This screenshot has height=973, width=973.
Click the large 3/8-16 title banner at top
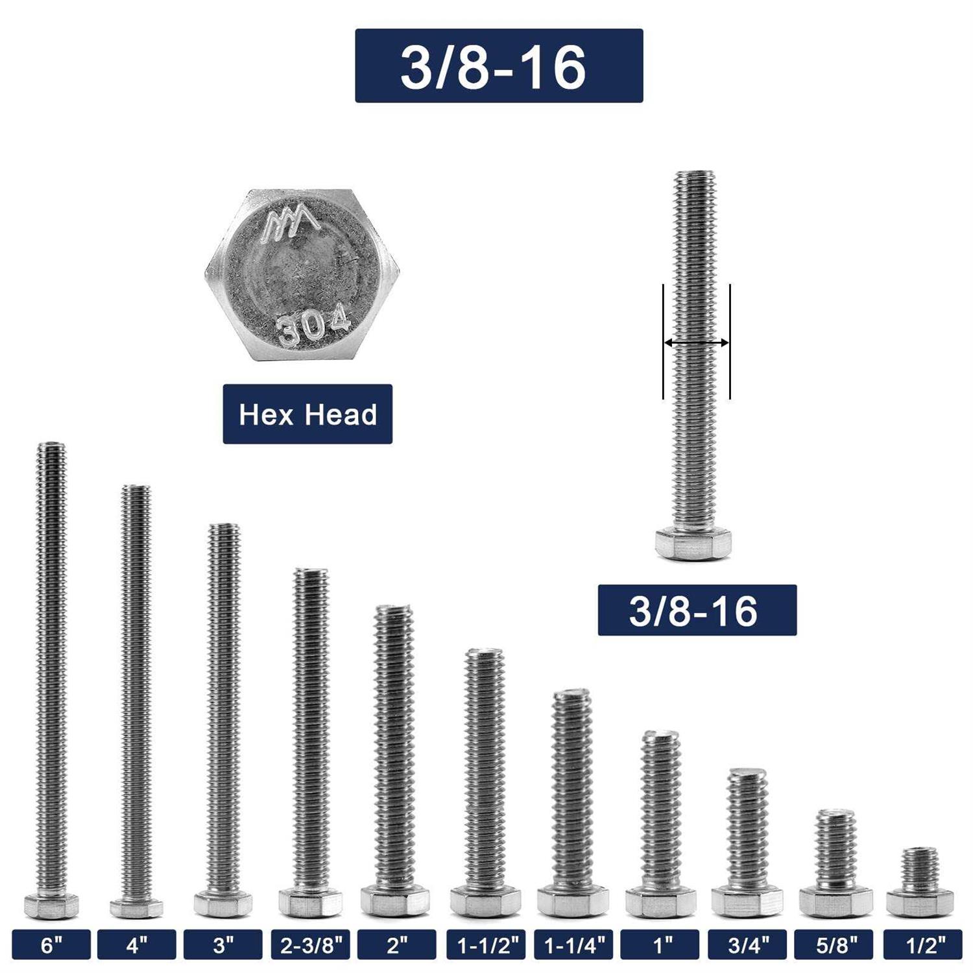click(x=499, y=66)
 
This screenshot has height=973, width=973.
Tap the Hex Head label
click(x=307, y=414)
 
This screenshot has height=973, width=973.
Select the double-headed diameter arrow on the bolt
click(x=696, y=342)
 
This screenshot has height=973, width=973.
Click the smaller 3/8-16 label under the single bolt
click(x=697, y=610)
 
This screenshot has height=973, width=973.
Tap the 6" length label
click(x=51, y=945)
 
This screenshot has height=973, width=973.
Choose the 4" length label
click(x=136, y=945)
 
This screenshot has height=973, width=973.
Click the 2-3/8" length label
click(x=311, y=945)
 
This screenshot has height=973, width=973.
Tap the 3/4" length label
click(x=747, y=945)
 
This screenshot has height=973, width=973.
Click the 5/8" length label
click(x=835, y=945)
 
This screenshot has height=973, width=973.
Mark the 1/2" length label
click(x=922, y=945)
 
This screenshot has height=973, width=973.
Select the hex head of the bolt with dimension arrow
click(x=693, y=544)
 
